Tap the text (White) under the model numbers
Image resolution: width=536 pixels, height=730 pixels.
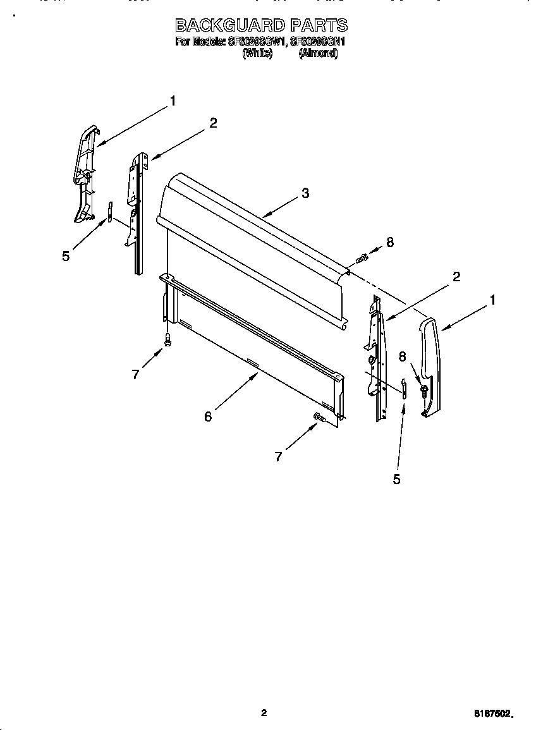[257, 54]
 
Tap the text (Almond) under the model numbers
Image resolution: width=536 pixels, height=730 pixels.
[318, 54]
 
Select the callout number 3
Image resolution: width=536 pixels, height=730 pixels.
[305, 193]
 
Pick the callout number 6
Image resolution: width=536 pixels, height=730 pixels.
[208, 416]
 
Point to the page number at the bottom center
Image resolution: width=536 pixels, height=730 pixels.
[264, 713]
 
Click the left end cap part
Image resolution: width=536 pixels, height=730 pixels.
[84, 174]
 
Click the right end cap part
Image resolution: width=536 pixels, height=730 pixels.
[430, 367]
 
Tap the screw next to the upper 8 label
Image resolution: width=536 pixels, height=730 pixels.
[363, 257]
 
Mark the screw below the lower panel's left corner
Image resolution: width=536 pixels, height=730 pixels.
[167, 339]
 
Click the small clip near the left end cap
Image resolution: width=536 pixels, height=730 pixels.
[109, 212]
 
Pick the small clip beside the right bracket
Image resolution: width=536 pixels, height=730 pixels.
[403, 386]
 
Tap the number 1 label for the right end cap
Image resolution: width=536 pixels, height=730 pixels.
[492, 300]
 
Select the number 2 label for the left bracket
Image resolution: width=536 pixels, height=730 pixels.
[213, 123]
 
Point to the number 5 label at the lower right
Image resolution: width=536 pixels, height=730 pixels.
[396, 479]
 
